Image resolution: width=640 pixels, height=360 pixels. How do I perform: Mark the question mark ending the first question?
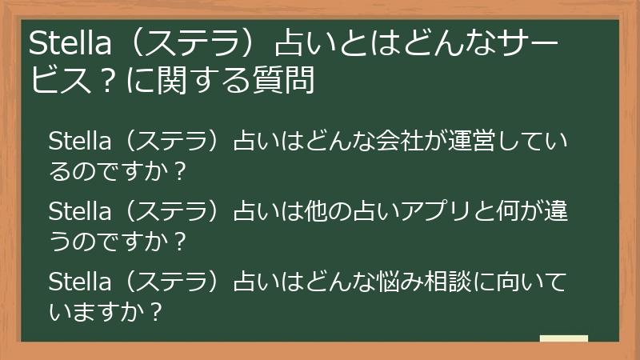point(179,171)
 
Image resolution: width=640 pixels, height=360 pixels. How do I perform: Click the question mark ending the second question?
point(179,241)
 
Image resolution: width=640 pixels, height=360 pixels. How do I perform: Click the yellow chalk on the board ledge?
point(563,338)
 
